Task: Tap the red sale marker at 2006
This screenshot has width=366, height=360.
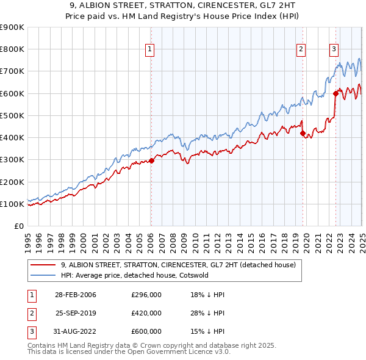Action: point(152,160)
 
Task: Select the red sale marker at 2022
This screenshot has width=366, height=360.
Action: point(335,93)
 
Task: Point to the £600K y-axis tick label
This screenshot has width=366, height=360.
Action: point(12,93)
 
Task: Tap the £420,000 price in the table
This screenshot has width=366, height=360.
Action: point(146,313)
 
